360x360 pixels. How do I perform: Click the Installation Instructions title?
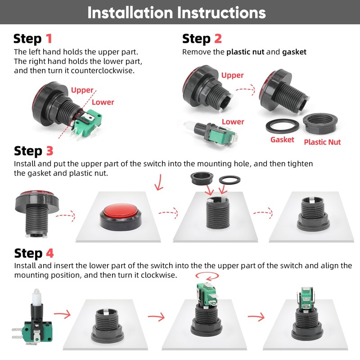tap(176, 13)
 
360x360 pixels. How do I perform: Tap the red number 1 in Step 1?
tap(49, 38)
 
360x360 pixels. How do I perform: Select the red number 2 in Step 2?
tap(218, 38)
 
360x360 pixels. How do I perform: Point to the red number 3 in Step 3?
tap(49, 151)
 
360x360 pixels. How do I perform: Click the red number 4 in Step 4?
tap(50, 253)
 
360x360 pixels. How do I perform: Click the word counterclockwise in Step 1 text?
tap(103, 71)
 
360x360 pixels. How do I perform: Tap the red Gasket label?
tap(282, 139)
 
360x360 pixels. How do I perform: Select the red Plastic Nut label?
tap(322, 142)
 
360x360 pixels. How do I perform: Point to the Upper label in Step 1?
tap(82, 90)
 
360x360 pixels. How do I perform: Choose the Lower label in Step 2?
tap(233, 121)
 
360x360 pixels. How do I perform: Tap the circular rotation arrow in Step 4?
tap(207, 279)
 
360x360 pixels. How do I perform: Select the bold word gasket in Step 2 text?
tap(294, 52)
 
